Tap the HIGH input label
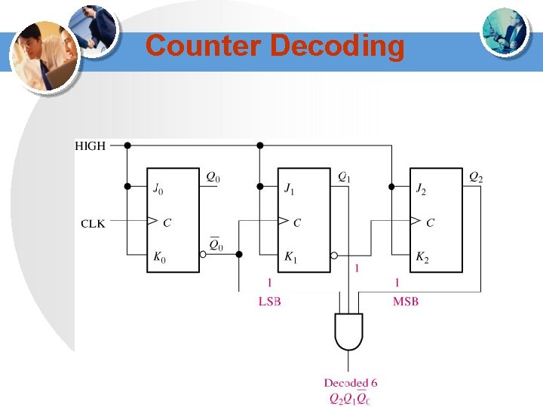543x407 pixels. point(90,145)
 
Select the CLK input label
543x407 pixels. point(94,222)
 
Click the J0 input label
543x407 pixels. point(157,188)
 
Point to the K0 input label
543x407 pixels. point(158,258)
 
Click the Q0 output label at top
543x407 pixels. point(213,179)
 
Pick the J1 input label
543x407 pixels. point(290,188)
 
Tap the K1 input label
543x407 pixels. point(290,258)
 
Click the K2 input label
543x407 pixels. point(422,258)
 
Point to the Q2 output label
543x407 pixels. point(476,178)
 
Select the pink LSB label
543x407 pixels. point(269,301)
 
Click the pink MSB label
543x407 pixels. point(405,301)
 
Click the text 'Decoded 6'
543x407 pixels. point(351,384)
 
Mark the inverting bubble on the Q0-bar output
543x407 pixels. point(203,256)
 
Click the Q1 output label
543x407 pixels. point(344,178)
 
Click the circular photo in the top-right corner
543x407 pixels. point(504,31)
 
